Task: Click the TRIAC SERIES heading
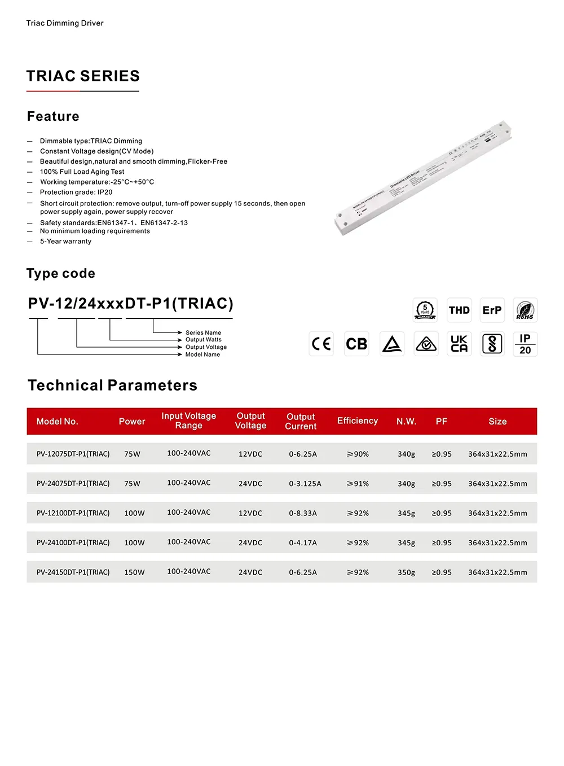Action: [83, 76]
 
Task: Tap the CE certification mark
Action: [321, 344]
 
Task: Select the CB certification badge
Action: [356, 344]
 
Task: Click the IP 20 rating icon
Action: [525, 344]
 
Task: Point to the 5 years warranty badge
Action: [425, 310]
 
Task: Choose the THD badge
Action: [459, 310]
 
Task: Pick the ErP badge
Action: [492, 310]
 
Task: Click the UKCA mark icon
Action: [459, 344]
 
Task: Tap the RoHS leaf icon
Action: [525, 310]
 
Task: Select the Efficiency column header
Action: [358, 421]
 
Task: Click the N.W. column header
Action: [406, 421]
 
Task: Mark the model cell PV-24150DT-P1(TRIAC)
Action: [73, 572]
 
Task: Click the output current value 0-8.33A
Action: [303, 513]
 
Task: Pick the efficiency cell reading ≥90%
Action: [358, 454]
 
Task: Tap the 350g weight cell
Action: [406, 572]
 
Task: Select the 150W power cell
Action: [134, 572]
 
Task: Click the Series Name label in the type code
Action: [203, 332]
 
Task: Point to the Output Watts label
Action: [203, 340]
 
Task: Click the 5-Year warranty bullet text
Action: [65, 241]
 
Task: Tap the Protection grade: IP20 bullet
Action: [76, 192]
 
